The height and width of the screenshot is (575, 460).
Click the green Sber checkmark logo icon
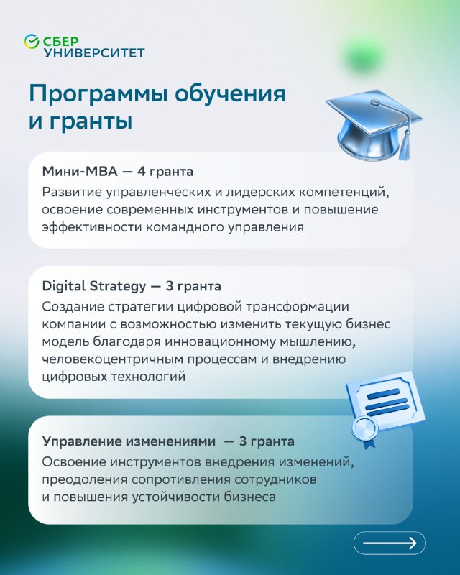pos(32,41)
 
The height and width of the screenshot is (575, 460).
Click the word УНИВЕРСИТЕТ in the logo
pos(94,52)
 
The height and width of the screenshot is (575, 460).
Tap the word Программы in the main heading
pos(98,95)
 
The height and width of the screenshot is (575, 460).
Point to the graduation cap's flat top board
pos(374,109)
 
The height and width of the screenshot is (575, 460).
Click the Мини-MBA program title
pos(80,171)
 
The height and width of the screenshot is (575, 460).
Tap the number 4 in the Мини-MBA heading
pos(141,171)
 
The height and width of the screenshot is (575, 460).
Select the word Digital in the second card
pos(64,286)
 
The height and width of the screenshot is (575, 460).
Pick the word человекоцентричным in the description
pos(112,359)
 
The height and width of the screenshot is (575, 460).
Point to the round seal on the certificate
pos(364,428)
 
